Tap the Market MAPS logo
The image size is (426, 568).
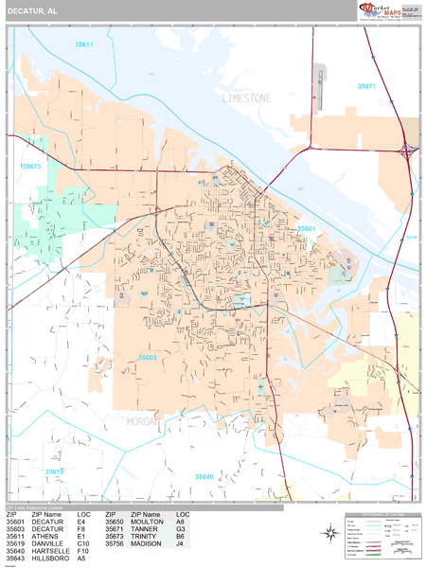tap(379, 10)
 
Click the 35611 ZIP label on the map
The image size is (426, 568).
tap(84, 44)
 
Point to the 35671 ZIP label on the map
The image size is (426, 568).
tap(366, 86)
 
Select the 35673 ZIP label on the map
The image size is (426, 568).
tap(31, 166)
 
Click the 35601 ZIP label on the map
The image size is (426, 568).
tap(306, 228)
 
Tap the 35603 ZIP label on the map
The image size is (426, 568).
tap(147, 357)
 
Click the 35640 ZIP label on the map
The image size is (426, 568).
tap(204, 476)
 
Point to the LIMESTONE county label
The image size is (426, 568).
tap(246, 98)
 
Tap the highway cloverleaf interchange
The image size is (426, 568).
tap(408, 150)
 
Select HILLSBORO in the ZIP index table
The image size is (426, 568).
tap(50, 559)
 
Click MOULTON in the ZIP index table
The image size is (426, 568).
tap(146, 522)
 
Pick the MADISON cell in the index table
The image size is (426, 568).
tap(146, 543)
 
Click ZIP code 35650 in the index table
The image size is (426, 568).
tap(115, 522)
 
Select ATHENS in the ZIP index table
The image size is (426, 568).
tap(44, 536)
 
